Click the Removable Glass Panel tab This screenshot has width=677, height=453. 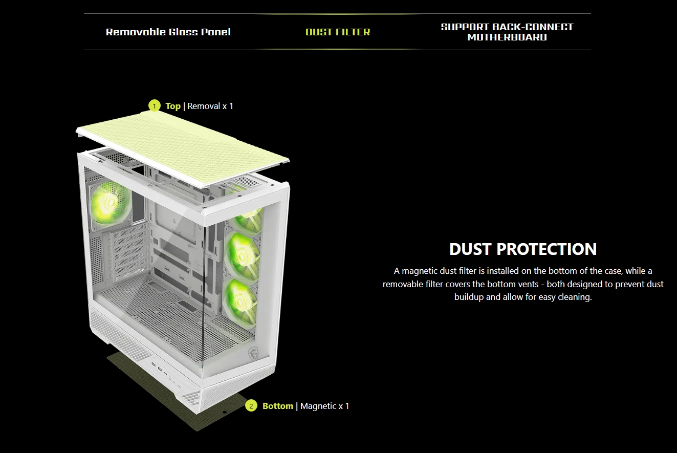tap(168, 32)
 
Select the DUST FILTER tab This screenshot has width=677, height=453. tap(338, 32)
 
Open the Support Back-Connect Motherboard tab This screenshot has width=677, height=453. tap(507, 32)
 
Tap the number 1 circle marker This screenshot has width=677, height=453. tap(155, 106)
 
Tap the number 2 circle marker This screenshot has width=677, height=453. tap(251, 406)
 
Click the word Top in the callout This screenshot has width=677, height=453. tap(173, 106)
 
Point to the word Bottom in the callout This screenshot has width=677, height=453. tap(278, 406)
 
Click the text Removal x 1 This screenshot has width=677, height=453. tap(210, 106)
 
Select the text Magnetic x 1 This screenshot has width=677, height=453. tap(324, 406)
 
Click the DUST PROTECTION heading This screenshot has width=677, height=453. tap(523, 249)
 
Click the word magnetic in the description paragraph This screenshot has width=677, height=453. tap(420, 271)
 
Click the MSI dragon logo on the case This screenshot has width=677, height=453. tap(253, 354)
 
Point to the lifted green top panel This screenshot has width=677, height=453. tap(183, 148)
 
